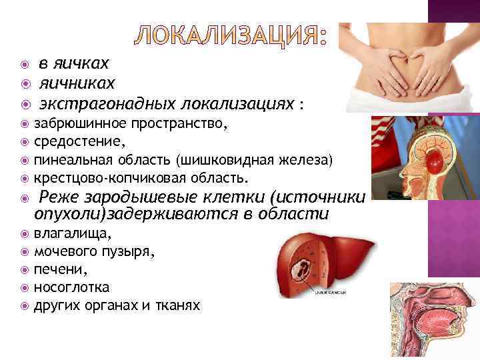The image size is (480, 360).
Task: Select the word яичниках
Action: (x=77, y=83)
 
